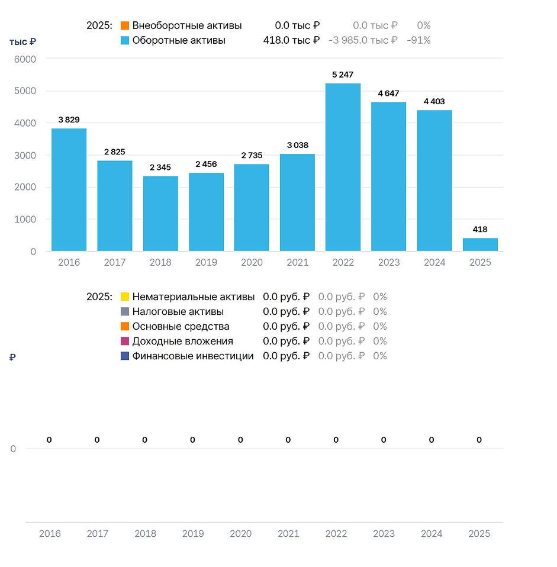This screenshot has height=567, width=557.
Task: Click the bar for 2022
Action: pyautogui.click(x=343, y=167)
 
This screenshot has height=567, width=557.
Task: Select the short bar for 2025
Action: pyautogui.click(x=480, y=244)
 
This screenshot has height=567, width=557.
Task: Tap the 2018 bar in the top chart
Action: pyautogui.click(x=160, y=213)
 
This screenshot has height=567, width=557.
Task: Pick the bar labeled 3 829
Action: pyautogui.click(x=69, y=189)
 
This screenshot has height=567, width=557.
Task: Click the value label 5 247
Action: pyautogui.click(x=343, y=75)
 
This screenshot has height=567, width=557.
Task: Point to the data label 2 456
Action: pyautogui.click(x=206, y=164)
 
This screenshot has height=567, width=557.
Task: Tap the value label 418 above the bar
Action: pyautogui.click(x=480, y=229)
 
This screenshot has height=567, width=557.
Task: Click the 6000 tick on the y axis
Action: pyautogui.click(x=25, y=59)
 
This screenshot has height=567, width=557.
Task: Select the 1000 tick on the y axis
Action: pyautogui.click(x=25, y=220)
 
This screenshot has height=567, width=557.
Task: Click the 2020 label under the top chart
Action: pyautogui.click(x=252, y=263)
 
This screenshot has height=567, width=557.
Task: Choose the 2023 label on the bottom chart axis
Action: pyautogui.click(x=384, y=534)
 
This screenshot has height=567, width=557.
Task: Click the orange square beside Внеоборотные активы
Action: pyautogui.click(x=125, y=25)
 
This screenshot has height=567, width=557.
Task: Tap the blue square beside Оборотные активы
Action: pyautogui.click(x=125, y=40)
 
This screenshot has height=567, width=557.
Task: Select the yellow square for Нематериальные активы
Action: pyautogui.click(x=125, y=297)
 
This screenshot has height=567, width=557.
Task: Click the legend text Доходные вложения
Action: pyautogui.click(x=183, y=342)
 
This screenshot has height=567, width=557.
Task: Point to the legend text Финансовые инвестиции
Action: pyautogui.click(x=193, y=356)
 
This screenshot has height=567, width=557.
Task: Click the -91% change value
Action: pyautogui.click(x=418, y=40)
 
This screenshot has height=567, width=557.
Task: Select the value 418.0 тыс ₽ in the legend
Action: pyautogui.click(x=291, y=40)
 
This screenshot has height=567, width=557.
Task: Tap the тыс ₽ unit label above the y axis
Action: pyautogui.click(x=22, y=42)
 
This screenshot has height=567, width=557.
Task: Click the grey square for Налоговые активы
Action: pyautogui.click(x=125, y=311)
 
